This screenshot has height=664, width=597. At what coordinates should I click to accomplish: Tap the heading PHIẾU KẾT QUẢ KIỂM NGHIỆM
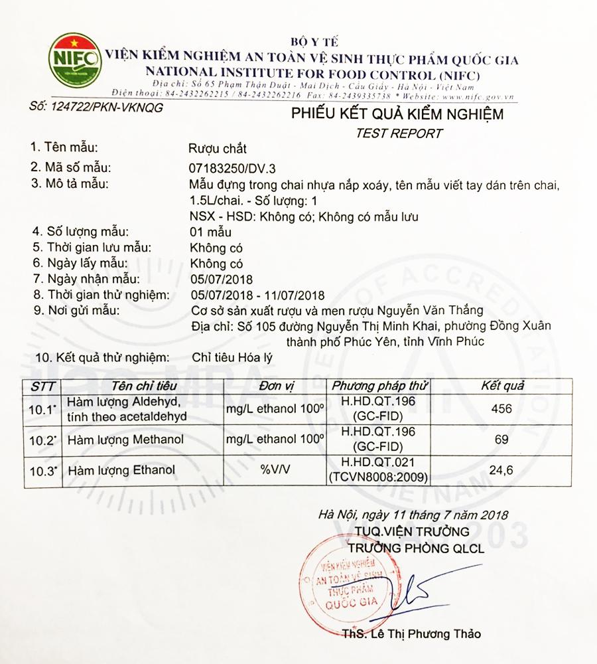pyautogui.click(x=397, y=114)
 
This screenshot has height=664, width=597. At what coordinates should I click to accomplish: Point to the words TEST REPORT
pyautogui.click(x=399, y=133)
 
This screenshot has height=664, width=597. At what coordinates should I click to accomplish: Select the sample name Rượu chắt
pyautogui.click(x=218, y=149)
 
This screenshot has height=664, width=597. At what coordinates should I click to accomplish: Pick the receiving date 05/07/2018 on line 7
pyautogui.click(x=222, y=279)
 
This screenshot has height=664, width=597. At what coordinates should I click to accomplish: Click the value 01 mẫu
pyautogui.click(x=210, y=232)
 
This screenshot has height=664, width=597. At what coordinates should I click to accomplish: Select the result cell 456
pyautogui.click(x=501, y=408)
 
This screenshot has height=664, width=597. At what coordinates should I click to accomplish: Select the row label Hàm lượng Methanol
pyautogui.click(x=125, y=440)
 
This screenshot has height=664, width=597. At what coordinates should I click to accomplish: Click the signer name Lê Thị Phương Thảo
pyautogui.click(x=412, y=633)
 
